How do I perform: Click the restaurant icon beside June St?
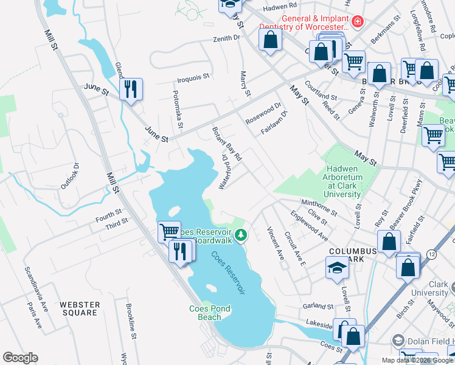(131, 89)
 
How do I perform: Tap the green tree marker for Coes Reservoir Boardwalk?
(241, 234)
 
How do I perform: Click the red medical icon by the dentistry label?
(358, 22)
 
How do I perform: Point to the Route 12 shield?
(431, 252)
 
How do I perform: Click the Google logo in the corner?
(20, 358)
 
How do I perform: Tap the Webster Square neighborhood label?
(79, 308)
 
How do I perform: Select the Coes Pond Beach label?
(210, 313)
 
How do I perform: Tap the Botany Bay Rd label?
(227, 144)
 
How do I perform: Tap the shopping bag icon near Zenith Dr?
(270, 41)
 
